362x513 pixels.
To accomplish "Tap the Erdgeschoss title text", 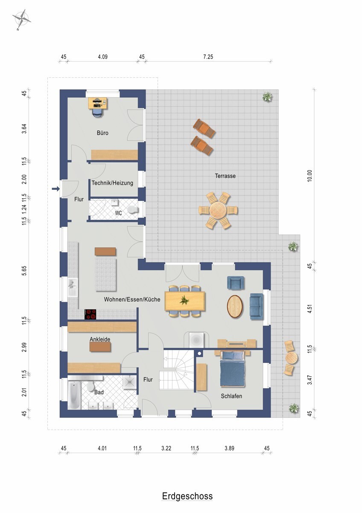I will tap(187, 496).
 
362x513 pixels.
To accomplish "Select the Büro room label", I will tap(102, 133).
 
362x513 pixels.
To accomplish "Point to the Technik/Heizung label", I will tap(112, 183).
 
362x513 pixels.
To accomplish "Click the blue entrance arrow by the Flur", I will tap(55, 189).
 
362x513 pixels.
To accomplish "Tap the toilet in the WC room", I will tap(134, 209).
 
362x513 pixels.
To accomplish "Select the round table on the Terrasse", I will tap(218, 210).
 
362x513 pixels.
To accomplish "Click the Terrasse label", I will tap(225, 176).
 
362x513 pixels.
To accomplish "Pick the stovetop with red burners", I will tap(91, 314).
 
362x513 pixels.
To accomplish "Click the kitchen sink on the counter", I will tap(72, 287).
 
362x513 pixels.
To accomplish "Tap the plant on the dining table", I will tap(184, 300).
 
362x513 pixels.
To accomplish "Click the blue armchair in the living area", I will tap(236, 283).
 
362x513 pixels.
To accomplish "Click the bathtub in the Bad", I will tap(74, 395).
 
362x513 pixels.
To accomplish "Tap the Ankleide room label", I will tap(100, 339).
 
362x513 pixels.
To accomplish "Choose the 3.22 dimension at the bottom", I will tap(166, 448).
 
